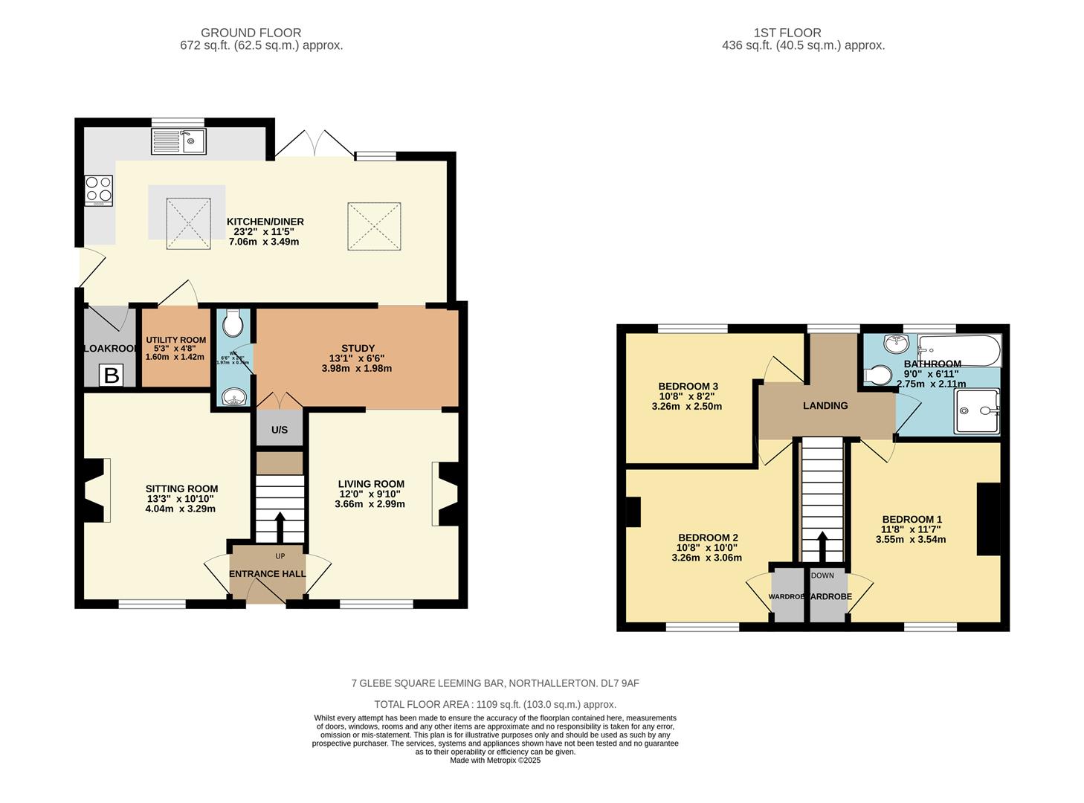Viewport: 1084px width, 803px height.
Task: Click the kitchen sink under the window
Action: (178, 141)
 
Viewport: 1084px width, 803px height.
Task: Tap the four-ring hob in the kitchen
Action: (99, 190)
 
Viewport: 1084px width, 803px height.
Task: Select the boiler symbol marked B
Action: (111, 375)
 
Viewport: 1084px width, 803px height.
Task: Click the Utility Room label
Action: (175, 340)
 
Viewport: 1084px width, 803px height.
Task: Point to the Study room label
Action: (358, 348)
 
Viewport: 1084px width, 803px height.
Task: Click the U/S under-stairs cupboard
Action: (280, 430)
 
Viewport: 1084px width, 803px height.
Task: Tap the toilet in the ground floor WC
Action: (233, 323)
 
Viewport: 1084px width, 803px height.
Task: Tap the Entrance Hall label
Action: (267, 574)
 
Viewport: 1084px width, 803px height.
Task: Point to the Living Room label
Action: (371, 484)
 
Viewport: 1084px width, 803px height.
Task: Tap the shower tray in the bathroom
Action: (976, 411)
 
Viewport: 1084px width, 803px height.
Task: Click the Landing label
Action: (825, 406)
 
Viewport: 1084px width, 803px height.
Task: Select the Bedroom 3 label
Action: (688, 387)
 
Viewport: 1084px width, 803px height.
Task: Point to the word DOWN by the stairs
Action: (822, 575)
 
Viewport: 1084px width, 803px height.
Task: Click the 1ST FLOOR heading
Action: (787, 33)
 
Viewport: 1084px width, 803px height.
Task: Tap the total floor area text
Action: (494, 704)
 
